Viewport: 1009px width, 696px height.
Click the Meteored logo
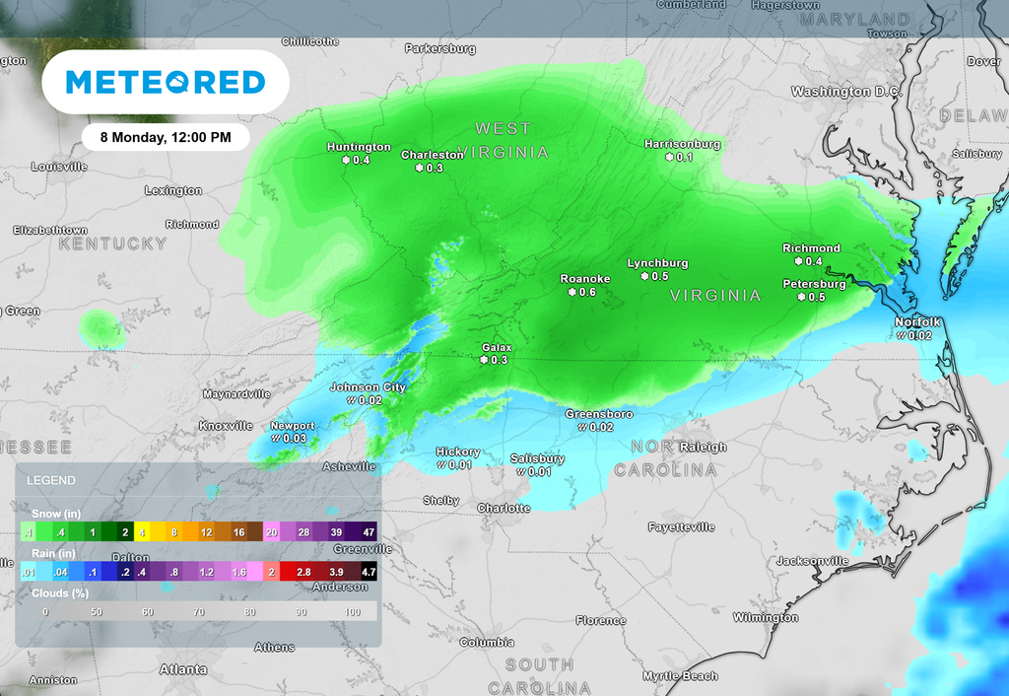tap(166, 82)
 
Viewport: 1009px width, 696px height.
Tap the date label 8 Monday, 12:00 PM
tap(166, 137)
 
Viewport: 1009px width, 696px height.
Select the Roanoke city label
tap(585, 279)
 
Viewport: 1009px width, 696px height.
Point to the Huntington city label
tap(359, 147)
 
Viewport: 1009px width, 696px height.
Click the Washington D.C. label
tap(846, 92)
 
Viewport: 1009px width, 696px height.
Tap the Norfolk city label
tap(918, 322)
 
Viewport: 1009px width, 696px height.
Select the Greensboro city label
tap(599, 414)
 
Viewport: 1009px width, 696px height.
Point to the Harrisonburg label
tap(682, 144)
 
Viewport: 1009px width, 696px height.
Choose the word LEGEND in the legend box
tap(50, 480)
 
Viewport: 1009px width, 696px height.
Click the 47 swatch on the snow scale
tap(369, 532)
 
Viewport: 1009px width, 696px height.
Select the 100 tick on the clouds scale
tap(353, 612)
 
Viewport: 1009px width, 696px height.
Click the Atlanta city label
tap(184, 669)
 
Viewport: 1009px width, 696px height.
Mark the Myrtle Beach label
tap(680, 676)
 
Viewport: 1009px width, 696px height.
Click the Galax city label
tap(496, 347)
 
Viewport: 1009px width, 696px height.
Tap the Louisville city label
tap(59, 167)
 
